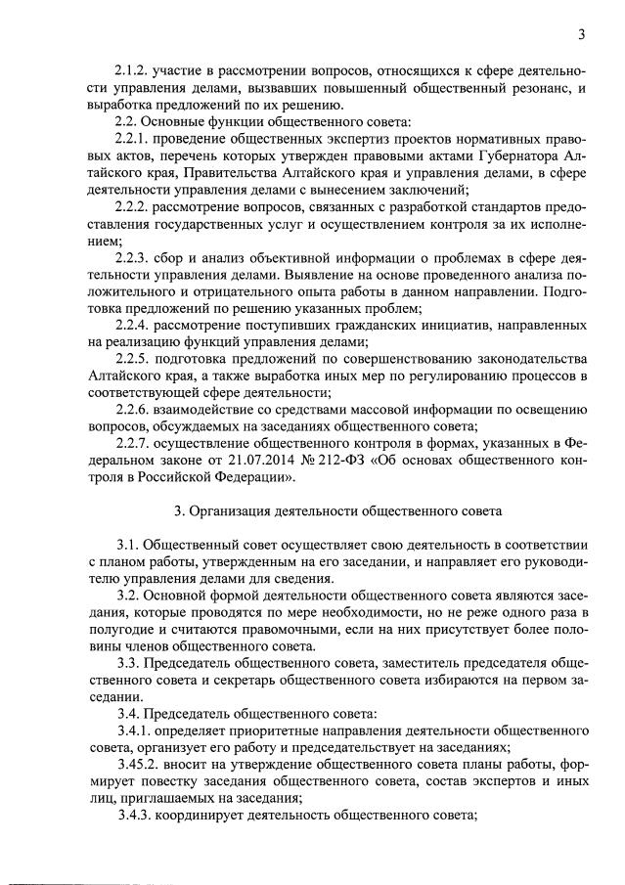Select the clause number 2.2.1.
click(134, 139)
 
